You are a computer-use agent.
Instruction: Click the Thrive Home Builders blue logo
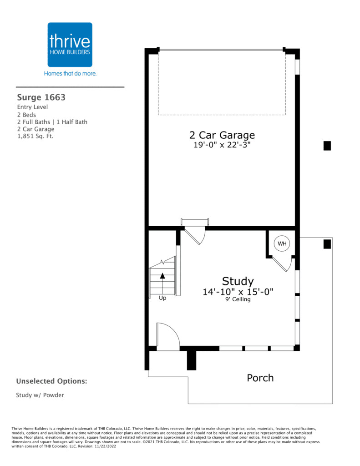tap(70, 45)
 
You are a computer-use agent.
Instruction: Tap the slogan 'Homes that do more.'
tap(70, 73)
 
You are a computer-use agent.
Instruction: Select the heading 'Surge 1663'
tap(41, 97)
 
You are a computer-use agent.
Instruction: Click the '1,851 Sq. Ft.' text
tap(35, 136)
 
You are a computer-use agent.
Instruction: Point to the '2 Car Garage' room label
tap(222, 135)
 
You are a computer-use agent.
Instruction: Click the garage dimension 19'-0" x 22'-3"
tap(222, 145)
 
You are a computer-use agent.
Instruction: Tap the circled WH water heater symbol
tap(282, 243)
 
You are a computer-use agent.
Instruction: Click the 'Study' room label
tap(238, 281)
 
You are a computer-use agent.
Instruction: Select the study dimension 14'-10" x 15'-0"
tap(238, 292)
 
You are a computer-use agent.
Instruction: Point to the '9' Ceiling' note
tap(238, 299)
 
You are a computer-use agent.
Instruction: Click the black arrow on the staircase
tap(162, 276)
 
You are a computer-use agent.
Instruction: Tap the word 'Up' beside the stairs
tap(162, 298)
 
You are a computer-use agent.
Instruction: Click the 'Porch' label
tap(260, 378)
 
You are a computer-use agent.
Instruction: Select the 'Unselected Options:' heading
tap(51, 381)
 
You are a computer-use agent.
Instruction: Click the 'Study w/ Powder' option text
tap(40, 395)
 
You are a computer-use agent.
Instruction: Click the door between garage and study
tap(195, 235)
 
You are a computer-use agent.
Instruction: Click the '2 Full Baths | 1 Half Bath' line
tap(52, 122)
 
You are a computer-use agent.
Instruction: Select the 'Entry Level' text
tap(32, 107)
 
